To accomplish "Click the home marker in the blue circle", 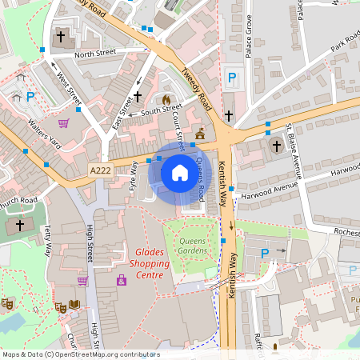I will pyautogui.click(x=179, y=173).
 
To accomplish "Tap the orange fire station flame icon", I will pyautogui.click(x=166, y=100).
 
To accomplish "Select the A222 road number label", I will pyautogui.click(x=100, y=170).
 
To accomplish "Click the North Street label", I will pyautogui.click(x=95, y=54).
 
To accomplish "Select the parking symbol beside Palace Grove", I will pyautogui.click(x=232, y=78).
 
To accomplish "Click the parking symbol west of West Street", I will pyautogui.click(x=30, y=97).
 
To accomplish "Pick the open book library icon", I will pyautogui.click(x=74, y=304).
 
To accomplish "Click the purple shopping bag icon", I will pyautogui.click(x=122, y=281).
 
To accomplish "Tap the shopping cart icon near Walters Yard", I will pyautogui.click(x=63, y=123).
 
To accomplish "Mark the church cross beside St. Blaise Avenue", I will pyautogui.click(x=277, y=146).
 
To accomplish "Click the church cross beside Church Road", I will pyautogui.click(x=20, y=226).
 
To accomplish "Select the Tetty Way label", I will pyautogui.click(x=47, y=240).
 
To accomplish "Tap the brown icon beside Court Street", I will pyautogui.click(x=199, y=133).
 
